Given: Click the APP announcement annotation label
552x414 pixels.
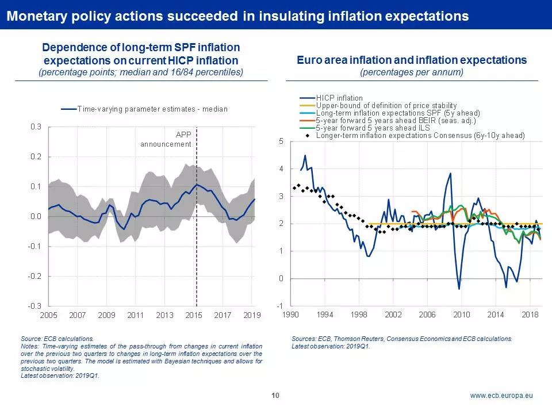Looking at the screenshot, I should point(166,139).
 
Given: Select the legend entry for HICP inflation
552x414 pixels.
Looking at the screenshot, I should point(339,98).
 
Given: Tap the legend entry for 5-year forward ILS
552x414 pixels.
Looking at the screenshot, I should point(369,128).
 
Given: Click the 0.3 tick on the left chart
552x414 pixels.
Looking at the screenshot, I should point(36,127).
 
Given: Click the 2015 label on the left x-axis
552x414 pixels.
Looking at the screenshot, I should point(194,316).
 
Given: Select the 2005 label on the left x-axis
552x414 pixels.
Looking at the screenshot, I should point(48,316).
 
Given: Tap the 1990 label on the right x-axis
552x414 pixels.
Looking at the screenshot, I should point(290,315).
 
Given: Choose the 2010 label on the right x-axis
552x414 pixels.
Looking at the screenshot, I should point(461,315).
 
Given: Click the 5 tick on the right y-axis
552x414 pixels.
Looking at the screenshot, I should point(281,141).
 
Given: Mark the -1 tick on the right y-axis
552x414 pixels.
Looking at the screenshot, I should point(279,306).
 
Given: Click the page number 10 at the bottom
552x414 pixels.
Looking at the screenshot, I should point(275,396).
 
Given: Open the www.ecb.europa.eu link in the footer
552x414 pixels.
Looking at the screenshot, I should point(501,396).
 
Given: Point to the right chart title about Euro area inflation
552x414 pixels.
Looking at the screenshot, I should point(412,60).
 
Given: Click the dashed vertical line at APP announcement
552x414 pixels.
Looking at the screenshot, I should point(197,230).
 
